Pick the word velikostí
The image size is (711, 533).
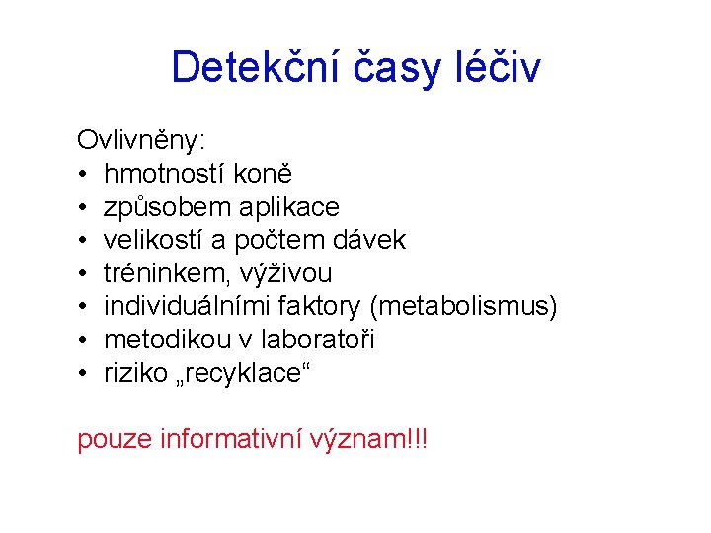[x=157, y=241]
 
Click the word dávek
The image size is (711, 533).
[x=369, y=241]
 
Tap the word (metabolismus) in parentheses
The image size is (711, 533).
[x=462, y=307]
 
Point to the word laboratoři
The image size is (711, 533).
[x=318, y=341]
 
